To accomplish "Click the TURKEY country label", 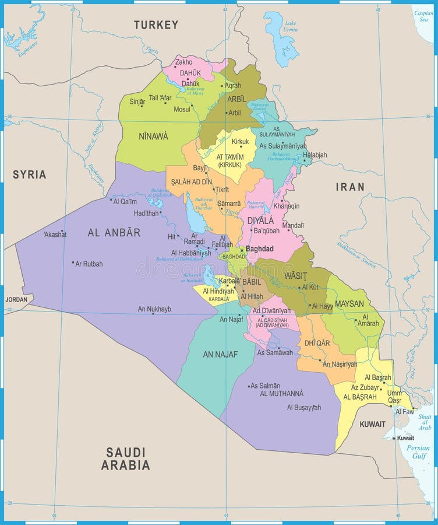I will click(156, 25).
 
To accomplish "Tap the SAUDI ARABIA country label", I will click(125, 459).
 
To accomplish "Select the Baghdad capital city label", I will click(259, 249).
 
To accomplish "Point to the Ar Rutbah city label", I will click(89, 264).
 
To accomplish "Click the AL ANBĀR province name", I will click(114, 232).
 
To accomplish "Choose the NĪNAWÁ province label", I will click(153, 136).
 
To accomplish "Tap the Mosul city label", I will click(182, 109).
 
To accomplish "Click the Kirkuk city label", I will click(240, 142).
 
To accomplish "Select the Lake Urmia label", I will click(289, 26).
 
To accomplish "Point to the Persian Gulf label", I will click(418, 452).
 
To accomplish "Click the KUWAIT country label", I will click(372, 424).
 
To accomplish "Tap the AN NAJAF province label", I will click(220, 354).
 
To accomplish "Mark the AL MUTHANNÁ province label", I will click(281, 394).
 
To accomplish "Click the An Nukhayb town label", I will click(154, 309).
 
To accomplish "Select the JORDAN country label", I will click(16, 299).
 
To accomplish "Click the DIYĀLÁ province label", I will click(260, 220).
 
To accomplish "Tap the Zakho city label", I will click(183, 62).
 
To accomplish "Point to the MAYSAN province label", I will click(349, 303).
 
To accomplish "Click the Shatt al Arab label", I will click(425, 422).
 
